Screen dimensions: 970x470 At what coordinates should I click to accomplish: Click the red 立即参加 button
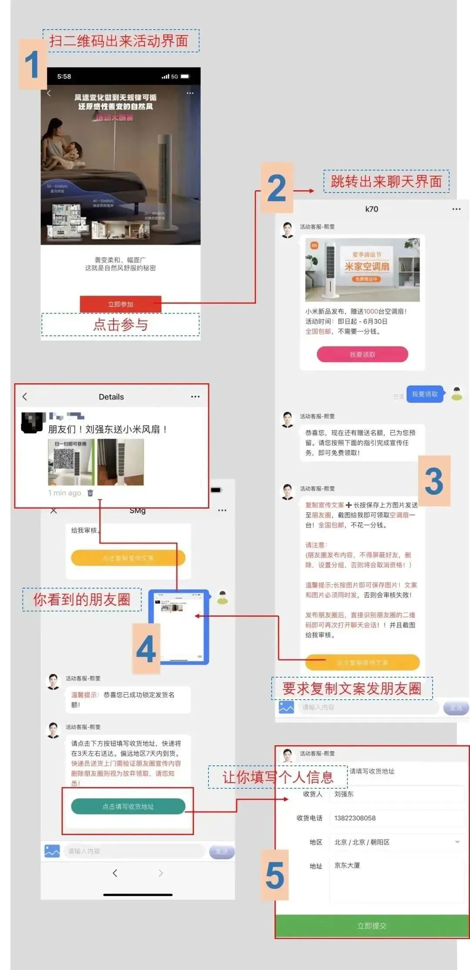pos(121,304)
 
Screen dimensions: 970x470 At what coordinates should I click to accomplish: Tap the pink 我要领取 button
pos(362,355)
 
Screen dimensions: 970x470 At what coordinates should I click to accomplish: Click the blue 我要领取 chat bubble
pos(425,394)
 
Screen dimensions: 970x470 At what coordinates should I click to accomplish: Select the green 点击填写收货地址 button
pos(128,806)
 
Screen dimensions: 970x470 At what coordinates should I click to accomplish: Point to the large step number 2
pos(277,188)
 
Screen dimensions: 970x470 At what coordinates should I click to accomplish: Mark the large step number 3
pos(434,481)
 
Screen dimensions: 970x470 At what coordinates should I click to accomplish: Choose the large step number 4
pos(146,649)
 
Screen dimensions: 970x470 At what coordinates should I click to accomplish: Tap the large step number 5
pos(275,875)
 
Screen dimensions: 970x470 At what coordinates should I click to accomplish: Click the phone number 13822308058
pos(355,818)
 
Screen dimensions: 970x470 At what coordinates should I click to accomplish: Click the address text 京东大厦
pos(347,865)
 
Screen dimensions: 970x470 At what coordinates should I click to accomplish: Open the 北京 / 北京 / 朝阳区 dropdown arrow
pos(457,842)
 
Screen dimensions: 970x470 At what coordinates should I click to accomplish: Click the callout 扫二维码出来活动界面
pos(119,41)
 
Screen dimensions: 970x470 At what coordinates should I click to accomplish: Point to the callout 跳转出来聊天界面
pos(386,181)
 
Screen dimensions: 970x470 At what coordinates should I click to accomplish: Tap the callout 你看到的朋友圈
pos(82,599)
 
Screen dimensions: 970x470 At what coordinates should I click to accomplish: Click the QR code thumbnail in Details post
pos(70,462)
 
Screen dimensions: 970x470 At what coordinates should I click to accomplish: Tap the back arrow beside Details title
pos(25,396)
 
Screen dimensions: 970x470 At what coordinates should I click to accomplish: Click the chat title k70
pos(371,209)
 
